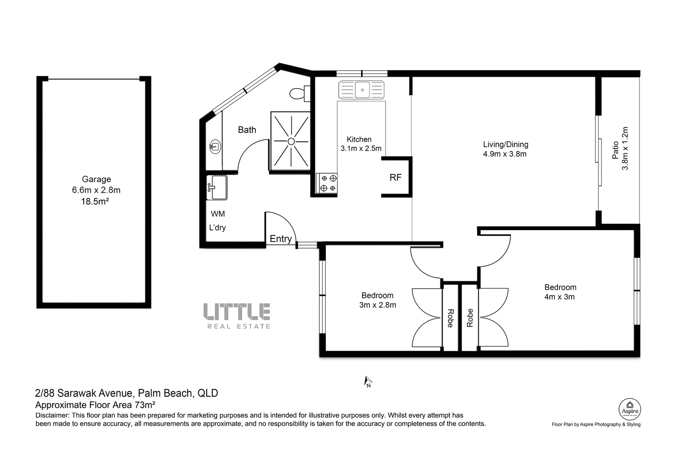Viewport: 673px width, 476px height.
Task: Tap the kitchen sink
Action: pyautogui.click(x=361, y=90)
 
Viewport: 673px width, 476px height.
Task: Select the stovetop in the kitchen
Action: pyautogui.click(x=327, y=183)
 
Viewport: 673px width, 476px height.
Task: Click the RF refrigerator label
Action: pyautogui.click(x=396, y=177)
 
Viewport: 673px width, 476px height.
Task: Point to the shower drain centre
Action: pyautogui.click(x=291, y=141)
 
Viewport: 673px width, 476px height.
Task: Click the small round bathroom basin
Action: pyautogui.click(x=215, y=146)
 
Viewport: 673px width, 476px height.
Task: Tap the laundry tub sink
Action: pyautogui.click(x=217, y=187)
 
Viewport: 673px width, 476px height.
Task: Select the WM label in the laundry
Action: pyautogui.click(x=218, y=214)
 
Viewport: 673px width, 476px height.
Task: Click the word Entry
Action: pyautogui.click(x=281, y=238)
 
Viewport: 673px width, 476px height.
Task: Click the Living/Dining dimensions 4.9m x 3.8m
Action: pyautogui.click(x=505, y=154)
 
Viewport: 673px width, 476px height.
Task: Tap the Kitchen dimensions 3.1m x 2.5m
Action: pyautogui.click(x=361, y=149)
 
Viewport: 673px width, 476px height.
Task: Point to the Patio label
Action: pyautogui.click(x=615, y=149)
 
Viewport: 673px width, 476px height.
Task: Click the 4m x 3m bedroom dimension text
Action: pyautogui.click(x=559, y=297)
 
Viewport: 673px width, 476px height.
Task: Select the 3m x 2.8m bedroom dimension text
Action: pyautogui.click(x=377, y=305)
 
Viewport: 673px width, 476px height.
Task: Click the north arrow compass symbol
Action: pyautogui.click(x=368, y=381)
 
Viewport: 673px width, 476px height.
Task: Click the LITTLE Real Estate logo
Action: pyautogui.click(x=237, y=316)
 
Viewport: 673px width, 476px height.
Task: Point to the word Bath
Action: pyautogui.click(x=247, y=130)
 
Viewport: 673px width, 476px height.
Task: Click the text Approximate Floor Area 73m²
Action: pyautogui.click(x=95, y=404)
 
